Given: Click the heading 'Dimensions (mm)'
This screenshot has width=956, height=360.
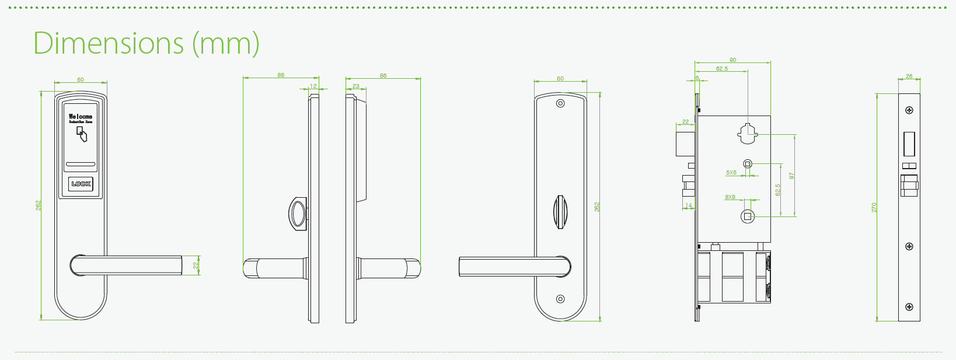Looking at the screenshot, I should click(x=146, y=43).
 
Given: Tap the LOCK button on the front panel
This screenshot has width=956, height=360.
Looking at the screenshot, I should click(x=81, y=184).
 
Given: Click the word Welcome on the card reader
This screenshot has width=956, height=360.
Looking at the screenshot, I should click(x=81, y=117).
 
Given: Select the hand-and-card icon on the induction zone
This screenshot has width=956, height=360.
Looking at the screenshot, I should click(x=82, y=135).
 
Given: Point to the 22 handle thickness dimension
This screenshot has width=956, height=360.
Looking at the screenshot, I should click(x=196, y=264).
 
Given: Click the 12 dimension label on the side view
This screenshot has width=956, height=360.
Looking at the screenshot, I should click(x=313, y=86).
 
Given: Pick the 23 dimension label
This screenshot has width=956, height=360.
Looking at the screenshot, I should click(x=356, y=86).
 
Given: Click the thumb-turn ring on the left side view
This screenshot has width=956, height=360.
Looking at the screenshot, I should click(x=298, y=214).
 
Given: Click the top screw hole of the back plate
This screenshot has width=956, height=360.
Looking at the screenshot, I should click(x=560, y=104).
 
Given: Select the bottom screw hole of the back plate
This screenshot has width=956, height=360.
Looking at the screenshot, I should click(x=560, y=299).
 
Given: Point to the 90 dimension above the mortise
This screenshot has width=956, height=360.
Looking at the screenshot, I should click(x=732, y=60).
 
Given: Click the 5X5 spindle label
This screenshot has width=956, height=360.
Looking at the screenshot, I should click(x=731, y=173).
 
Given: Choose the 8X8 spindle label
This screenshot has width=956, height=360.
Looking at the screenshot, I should click(x=730, y=197).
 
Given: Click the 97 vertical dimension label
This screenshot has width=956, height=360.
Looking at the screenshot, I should click(x=792, y=176).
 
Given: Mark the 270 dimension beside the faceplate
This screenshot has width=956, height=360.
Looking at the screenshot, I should click(x=874, y=207).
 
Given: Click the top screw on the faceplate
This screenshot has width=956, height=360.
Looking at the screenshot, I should click(x=909, y=110).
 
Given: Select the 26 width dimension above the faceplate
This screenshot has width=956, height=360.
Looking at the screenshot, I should click(x=909, y=76).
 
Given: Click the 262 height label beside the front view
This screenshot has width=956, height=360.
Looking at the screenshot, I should click(x=39, y=205).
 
